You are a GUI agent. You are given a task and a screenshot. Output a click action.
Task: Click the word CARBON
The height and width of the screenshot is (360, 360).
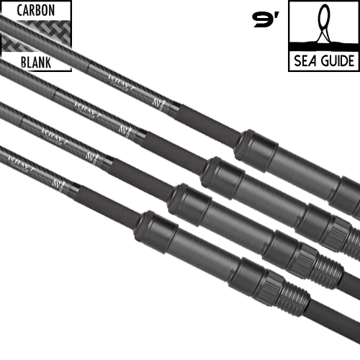[x=35, y=12]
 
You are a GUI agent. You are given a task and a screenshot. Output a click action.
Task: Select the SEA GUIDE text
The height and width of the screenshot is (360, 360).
[x=323, y=60]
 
